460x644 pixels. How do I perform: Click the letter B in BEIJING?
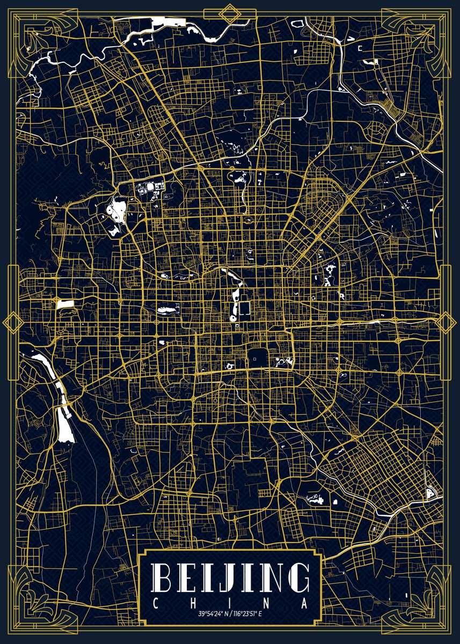[x=163, y=577]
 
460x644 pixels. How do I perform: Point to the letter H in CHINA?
[x=192, y=604]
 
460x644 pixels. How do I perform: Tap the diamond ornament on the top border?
[x=230, y=13]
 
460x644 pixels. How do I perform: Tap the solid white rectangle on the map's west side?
[x=64, y=304]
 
